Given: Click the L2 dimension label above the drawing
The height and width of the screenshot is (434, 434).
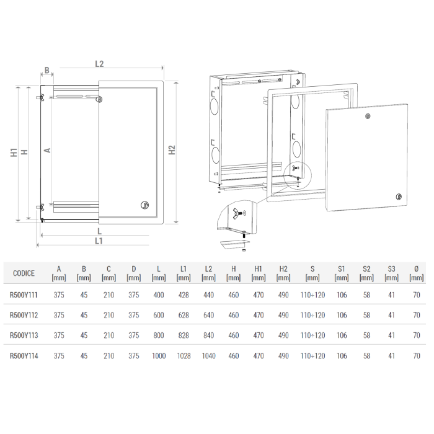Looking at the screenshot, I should (99, 63).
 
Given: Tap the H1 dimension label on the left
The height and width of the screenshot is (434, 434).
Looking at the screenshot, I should (13, 153).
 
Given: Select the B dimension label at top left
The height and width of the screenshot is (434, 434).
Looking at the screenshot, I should (46, 71).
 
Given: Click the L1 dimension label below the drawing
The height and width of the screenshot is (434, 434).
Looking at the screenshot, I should (99, 241).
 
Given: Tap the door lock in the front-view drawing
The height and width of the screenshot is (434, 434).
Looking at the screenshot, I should (145, 205).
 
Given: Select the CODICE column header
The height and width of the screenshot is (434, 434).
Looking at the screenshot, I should (24, 273).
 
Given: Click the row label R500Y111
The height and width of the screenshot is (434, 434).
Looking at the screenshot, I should (24, 296).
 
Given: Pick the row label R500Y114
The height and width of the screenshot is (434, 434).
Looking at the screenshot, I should (24, 356).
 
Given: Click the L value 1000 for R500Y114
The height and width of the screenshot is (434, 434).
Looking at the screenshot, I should (158, 356).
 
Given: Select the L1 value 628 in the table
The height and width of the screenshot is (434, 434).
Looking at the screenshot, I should (183, 316).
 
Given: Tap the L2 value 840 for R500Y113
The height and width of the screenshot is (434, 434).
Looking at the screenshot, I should (208, 335).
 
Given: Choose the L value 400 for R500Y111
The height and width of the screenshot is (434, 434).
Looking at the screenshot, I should (158, 296).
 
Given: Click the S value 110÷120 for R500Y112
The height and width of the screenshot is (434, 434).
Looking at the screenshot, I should (312, 316).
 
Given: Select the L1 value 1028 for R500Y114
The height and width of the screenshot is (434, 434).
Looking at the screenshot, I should (183, 356).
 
